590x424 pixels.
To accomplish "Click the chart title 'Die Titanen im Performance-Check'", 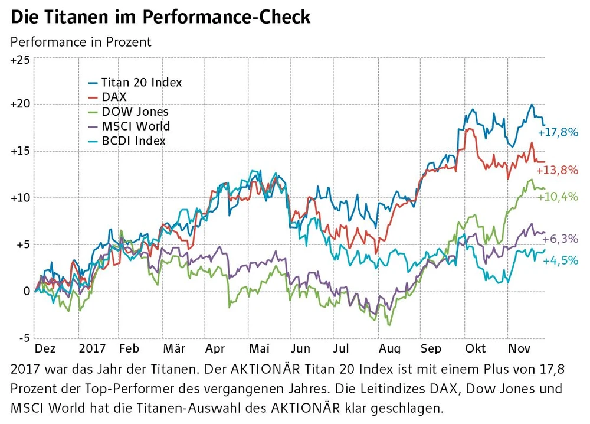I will coord(160,17).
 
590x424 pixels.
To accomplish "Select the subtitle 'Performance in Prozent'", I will coord(81,42).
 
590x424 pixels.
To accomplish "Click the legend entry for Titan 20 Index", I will coord(141,82).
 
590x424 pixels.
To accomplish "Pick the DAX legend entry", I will coord(114,97).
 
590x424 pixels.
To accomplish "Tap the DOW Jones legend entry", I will coord(135,112).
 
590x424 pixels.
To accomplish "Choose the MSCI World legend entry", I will coord(135,126).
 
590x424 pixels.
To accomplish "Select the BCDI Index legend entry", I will coord(133,141).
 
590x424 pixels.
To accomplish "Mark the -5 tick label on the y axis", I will coord(23,338).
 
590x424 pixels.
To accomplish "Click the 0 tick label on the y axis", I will coord(27,291).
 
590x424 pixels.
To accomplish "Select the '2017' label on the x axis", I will coord(91,348).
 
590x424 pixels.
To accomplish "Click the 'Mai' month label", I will coord(259,348).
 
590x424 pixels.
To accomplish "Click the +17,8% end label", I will coord(558,132).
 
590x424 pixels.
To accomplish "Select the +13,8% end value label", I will coord(557,171).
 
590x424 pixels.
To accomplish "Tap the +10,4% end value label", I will coord(557,197).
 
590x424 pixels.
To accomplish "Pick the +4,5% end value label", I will coord(560,261).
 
